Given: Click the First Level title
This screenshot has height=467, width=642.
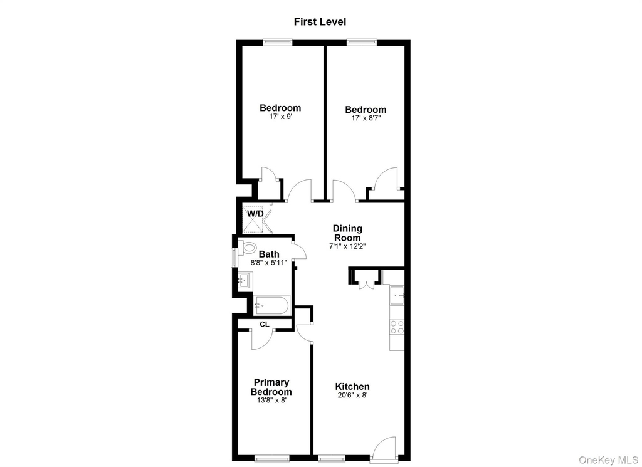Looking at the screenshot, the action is click(x=320, y=22).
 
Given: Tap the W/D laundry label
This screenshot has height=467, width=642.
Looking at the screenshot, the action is click(x=255, y=213).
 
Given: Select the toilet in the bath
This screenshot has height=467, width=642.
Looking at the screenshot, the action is click(x=247, y=247).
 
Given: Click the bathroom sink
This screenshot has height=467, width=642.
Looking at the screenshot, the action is click(x=245, y=280).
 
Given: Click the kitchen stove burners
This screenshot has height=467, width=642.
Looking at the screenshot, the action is click(x=397, y=327).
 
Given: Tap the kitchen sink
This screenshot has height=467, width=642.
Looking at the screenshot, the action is click(x=397, y=295).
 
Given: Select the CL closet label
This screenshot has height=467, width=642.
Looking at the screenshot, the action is click(x=265, y=324).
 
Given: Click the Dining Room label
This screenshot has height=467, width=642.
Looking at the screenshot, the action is click(x=347, y=233).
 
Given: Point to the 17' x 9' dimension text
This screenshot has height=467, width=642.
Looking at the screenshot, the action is click(x=280, y=117).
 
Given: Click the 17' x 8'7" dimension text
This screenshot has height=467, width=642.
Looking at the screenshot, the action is click(x=366, y=118).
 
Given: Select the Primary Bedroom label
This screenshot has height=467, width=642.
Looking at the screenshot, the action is click(x=271, y=387).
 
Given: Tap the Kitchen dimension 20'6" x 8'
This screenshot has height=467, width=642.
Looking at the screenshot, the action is click(x=352, y=396).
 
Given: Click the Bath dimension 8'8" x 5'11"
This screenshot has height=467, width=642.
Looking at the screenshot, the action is click(x=269, y=263).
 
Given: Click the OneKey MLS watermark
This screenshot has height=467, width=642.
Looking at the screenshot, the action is click(x=608, y=460).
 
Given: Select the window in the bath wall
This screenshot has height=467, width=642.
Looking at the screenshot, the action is click(x=234, y=258).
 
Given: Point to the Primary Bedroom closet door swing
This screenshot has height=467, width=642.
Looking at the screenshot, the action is click(x=261, y=340).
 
